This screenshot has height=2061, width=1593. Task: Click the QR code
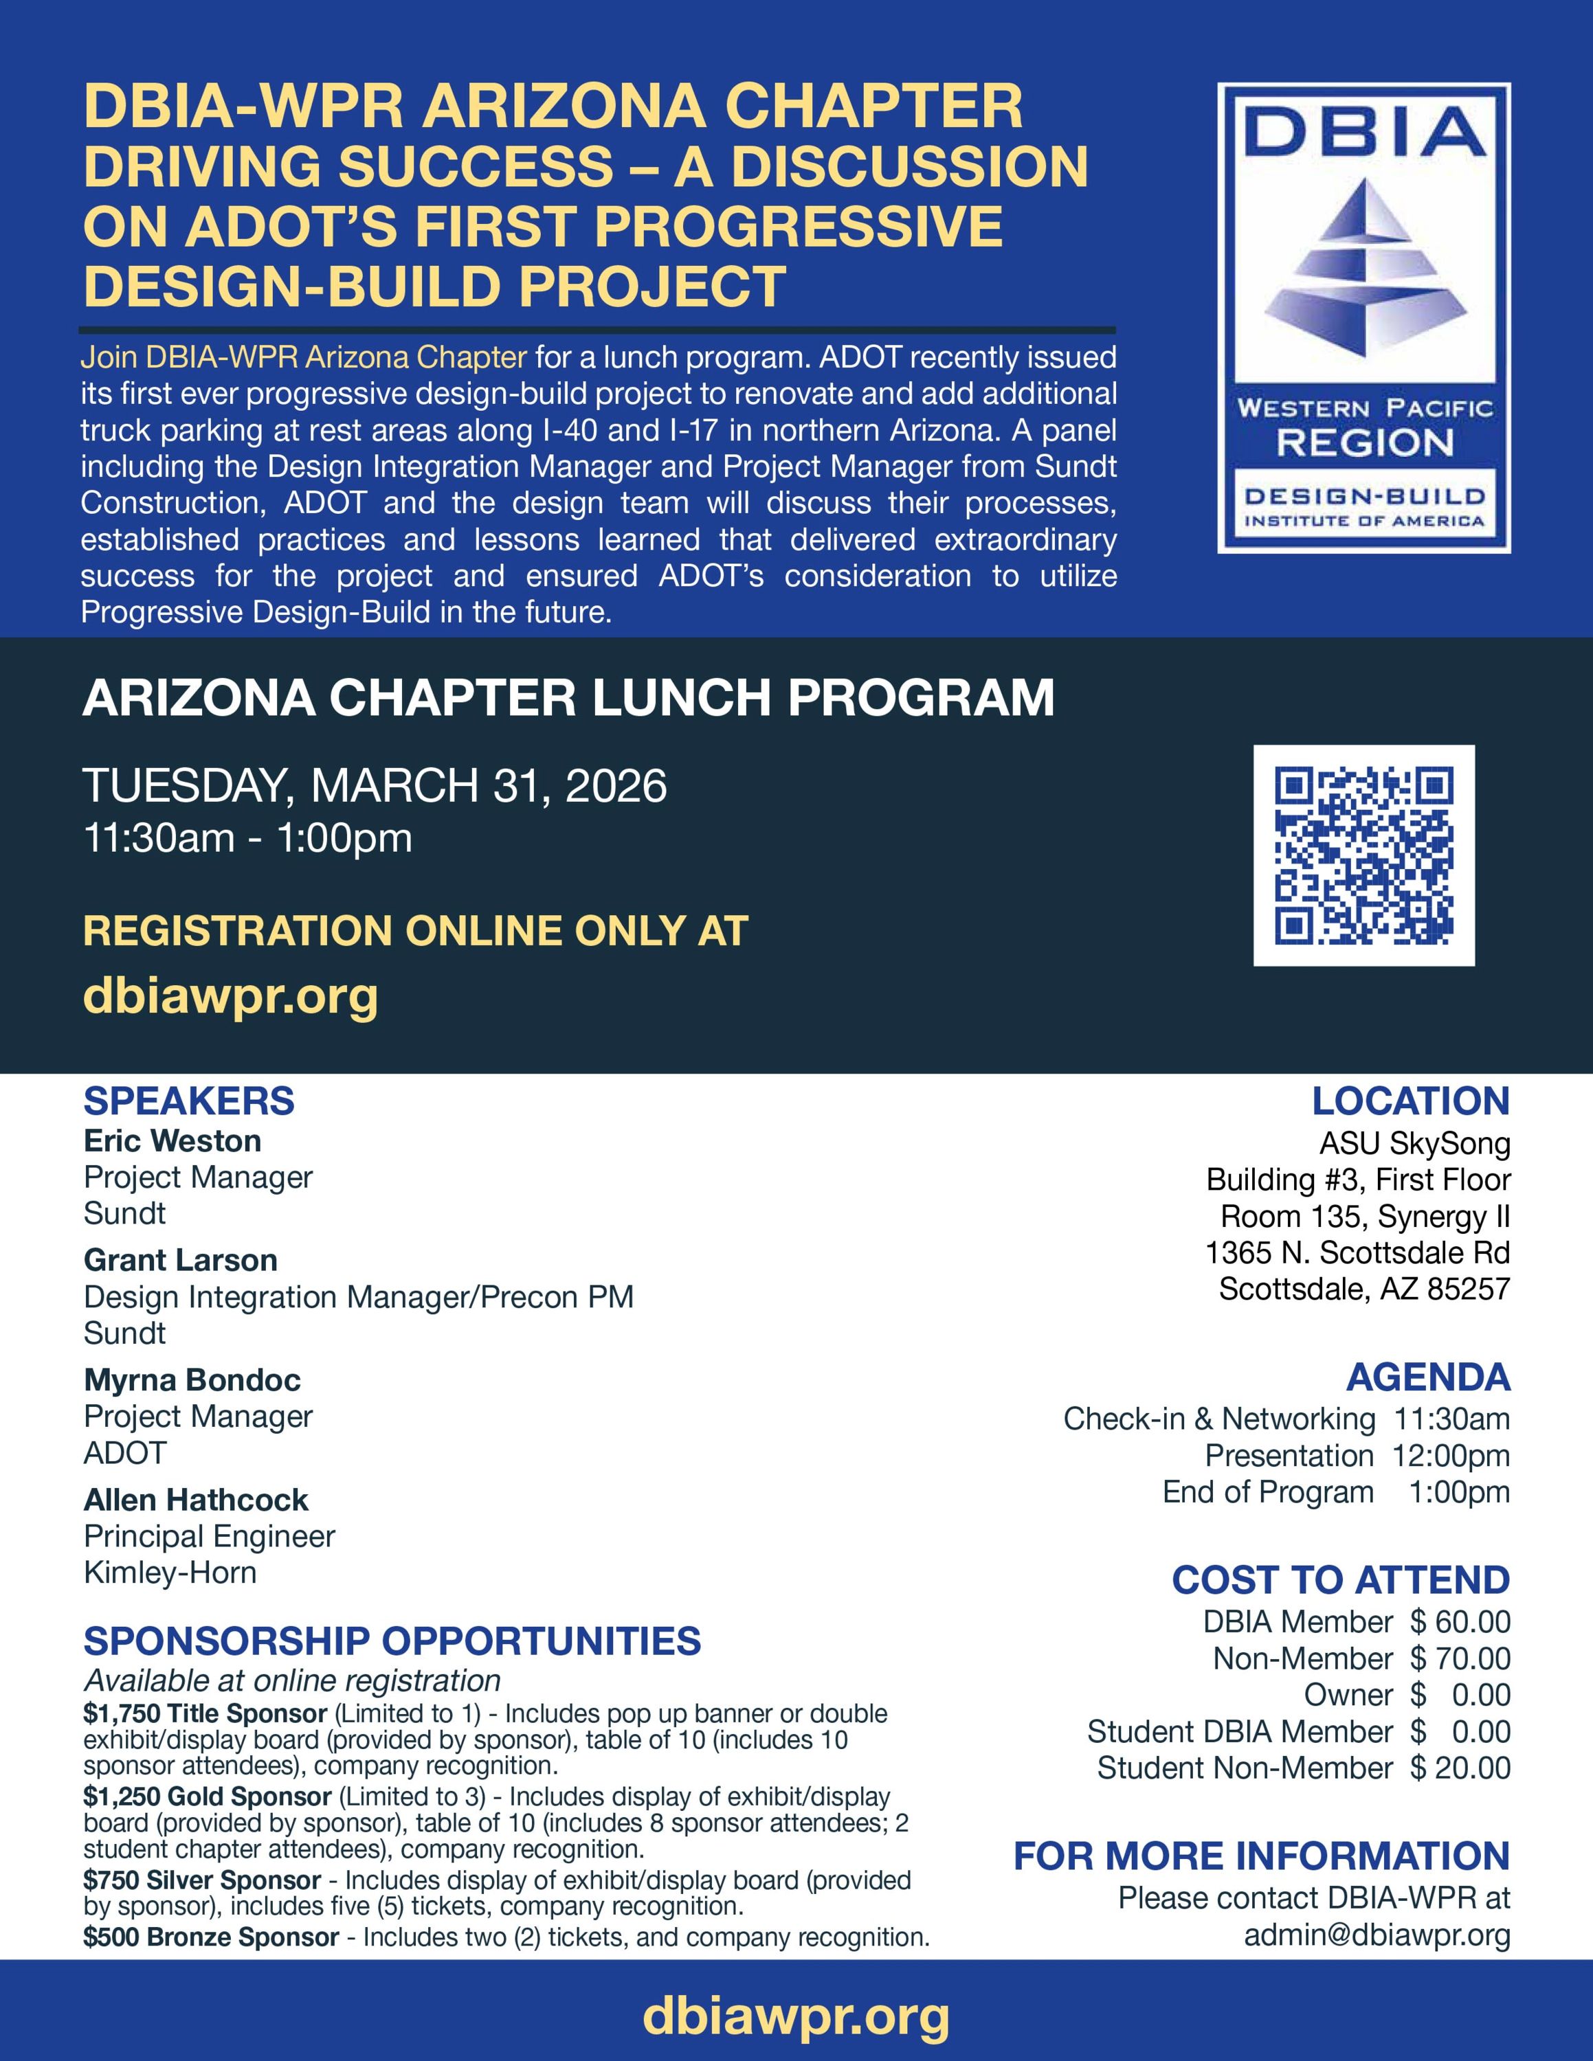click(1363, 855)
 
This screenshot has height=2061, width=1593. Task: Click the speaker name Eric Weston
click(172, 1141)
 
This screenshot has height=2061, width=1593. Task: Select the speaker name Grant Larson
click(180, 1260)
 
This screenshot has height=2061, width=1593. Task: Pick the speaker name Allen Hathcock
click(195, 1500)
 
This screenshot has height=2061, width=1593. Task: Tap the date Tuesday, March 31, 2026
click(375, 785)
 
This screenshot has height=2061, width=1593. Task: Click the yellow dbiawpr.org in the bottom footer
click(796, 2016)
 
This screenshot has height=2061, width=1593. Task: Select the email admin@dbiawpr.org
click(1377, 1935)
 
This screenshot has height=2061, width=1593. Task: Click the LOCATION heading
click(1410, 1101)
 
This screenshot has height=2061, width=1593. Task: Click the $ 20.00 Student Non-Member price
click(1460, 1768)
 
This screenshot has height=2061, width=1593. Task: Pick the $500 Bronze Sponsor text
click(210, 1937)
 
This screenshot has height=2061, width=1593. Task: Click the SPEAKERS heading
click(189, 1101)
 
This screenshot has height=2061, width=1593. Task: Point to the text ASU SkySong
click(1414, 1144)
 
